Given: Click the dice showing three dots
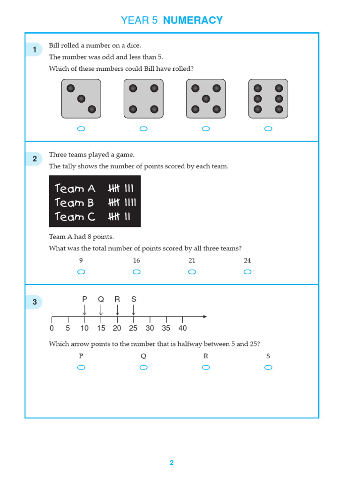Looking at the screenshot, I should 81,98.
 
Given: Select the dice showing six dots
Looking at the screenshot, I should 268,98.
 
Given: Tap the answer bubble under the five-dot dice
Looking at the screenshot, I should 206,129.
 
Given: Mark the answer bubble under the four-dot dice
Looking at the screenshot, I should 143,129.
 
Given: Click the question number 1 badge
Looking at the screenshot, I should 35,50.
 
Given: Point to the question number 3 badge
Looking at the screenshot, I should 35,302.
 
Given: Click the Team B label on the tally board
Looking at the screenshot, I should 75,202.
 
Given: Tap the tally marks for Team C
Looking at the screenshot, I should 119,217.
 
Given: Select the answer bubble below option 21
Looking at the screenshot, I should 192,272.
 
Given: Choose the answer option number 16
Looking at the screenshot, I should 136,261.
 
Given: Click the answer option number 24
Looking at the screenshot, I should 247,261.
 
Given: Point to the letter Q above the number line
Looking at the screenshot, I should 101,299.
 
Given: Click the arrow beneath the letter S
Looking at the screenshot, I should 134,310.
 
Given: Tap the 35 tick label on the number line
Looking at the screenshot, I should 166,328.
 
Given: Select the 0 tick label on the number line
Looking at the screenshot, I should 52,328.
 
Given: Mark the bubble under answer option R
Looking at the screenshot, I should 206,367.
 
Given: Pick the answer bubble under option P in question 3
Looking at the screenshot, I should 81,367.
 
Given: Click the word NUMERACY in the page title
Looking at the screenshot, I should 193,20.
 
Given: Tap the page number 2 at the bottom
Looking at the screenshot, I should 172,463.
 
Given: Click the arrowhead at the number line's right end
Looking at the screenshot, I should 204,317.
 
